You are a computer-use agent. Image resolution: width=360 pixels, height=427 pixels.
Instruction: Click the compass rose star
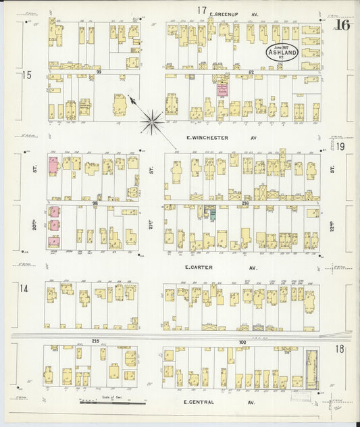coord(152,122)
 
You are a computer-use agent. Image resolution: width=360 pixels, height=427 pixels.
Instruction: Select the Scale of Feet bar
coord(111,403)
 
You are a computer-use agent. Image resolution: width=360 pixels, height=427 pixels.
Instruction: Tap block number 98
coord(97,202)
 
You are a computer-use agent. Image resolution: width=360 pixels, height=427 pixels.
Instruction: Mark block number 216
coord(245,202)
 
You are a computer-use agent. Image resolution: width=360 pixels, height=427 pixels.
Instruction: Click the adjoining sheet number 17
coord(201,10)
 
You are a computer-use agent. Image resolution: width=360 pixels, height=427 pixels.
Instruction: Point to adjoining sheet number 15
coord(26,75)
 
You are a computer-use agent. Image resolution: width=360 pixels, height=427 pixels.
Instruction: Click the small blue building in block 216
coord(211,215)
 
